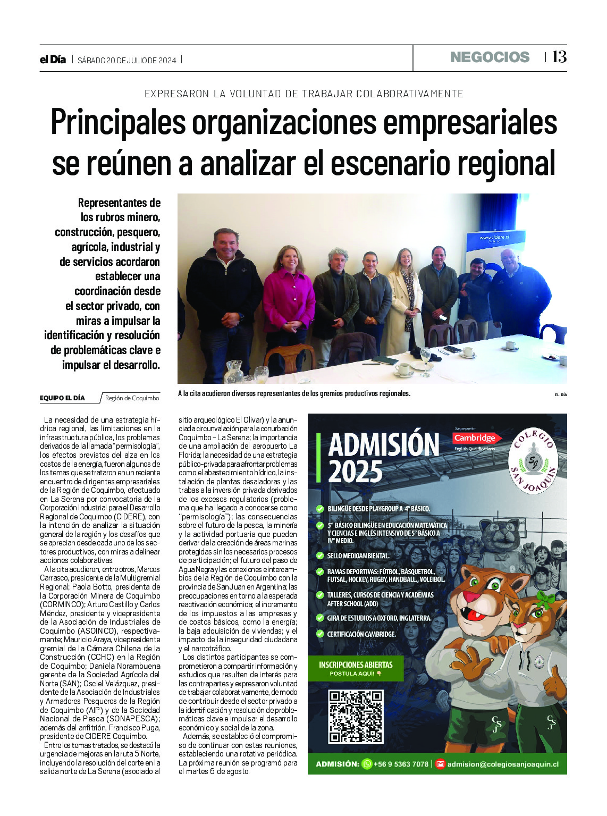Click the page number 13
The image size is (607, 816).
[x=559, y=57]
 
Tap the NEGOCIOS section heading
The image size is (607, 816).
[x=490, y=57]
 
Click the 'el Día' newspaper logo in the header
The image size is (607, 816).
[x=53, y=60]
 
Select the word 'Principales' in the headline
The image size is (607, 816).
[x=118, y=122]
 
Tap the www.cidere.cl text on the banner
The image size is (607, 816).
[x=494, y=238]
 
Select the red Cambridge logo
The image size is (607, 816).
[x=475, y=438]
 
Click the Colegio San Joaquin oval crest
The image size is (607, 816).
[x=533, y=460]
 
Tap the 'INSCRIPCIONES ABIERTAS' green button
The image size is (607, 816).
[x=356, y=668]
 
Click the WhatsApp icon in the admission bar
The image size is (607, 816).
[x=367, y=764]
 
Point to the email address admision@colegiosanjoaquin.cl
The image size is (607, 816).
[x=503, y=764]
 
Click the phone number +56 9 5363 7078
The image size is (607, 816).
[x=401, y=764]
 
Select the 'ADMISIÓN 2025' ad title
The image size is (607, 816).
[x=383, y=457]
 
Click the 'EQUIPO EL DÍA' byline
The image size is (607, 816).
[x=62, y=398]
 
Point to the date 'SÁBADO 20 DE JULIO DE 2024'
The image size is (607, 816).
[x=127, y=60]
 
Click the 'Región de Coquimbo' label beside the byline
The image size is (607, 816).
[x=132, y=398]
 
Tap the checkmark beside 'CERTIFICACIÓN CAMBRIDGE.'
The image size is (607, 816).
[x=320, y=634]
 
